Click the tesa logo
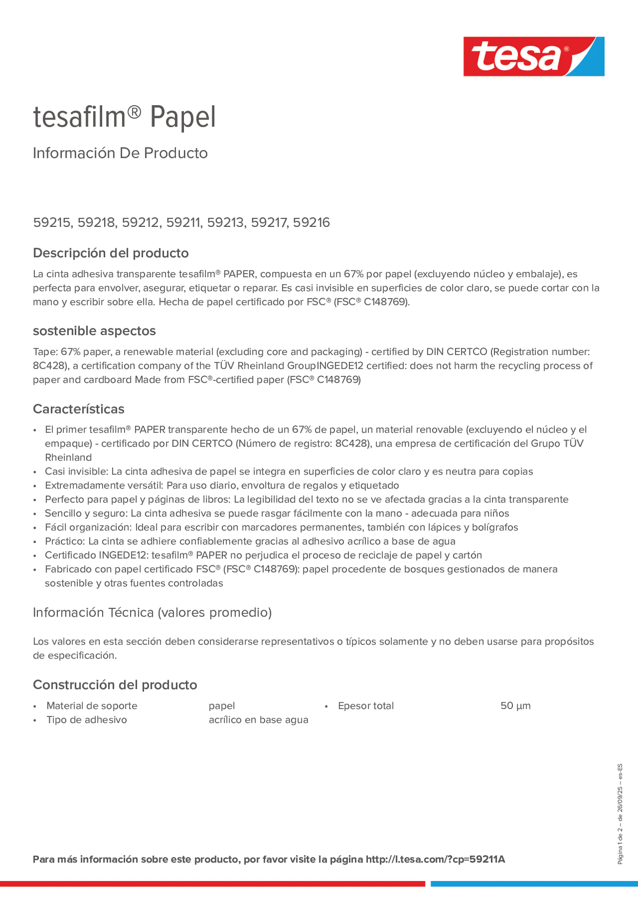click(534, 57)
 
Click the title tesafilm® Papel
click(124, 117)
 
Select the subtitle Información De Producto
click(120, 153)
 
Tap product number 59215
click(52, 222)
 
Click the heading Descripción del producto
click(111, 253)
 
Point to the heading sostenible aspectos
click(94, 331)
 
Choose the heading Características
click(78, 409)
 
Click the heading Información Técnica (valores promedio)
click(152, 612)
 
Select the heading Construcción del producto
click(115, 685)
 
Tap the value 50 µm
click(515, 706)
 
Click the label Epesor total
click(366, 706)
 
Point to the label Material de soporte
click(92, 706)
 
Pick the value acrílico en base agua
click(258, 720)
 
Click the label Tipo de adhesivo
click(87, 720)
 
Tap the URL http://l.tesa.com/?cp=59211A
click(435, 859)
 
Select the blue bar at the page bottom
click(534, 884)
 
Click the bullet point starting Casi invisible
click(289, 471)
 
